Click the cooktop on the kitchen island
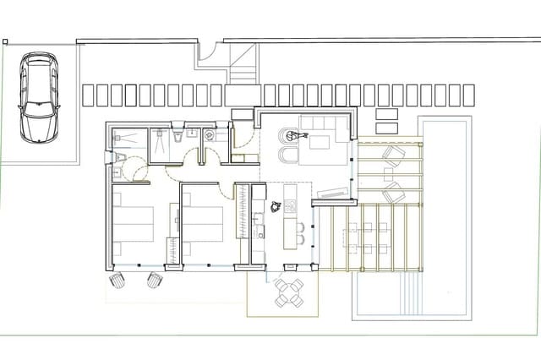[291, 206]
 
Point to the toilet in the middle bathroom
[177, 136]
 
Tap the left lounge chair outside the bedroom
[117, 281]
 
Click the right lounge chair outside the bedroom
[155, 280]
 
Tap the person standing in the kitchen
[276, 206]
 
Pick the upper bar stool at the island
[301, 226]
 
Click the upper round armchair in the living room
[287, 133]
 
